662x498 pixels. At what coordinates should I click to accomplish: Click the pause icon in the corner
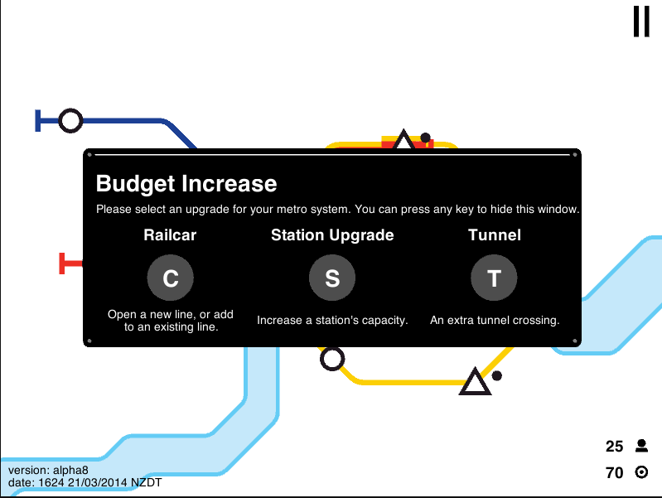point(641,22)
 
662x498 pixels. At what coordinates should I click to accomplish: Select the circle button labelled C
point(171,278)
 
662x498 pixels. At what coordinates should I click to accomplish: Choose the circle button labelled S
point(332,278)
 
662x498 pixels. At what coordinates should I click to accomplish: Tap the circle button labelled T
point(494,278)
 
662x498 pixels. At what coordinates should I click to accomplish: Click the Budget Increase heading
point(186,184)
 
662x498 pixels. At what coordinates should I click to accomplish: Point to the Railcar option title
point(170,234)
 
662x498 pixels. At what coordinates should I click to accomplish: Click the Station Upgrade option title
point(332,235)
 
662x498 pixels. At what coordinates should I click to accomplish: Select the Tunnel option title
point(495,234)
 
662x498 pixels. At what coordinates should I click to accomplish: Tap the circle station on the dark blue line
point(70,121)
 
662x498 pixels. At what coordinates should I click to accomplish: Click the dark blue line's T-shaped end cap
point(37,121)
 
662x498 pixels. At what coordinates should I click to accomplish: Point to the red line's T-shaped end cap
point(62,264)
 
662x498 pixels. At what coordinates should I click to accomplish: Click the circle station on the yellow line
point(332,359)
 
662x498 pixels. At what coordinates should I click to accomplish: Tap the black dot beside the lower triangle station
point(497,375)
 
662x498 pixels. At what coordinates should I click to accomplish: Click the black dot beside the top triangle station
point(426,138)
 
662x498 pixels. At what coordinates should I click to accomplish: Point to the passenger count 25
point(614,447)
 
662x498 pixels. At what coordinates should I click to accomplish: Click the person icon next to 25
point(642,446)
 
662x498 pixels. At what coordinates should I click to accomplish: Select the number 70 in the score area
point(614,472)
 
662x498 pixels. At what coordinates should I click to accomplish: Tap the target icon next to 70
point(641,472)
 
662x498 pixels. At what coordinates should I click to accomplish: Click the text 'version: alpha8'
point(48,470)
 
